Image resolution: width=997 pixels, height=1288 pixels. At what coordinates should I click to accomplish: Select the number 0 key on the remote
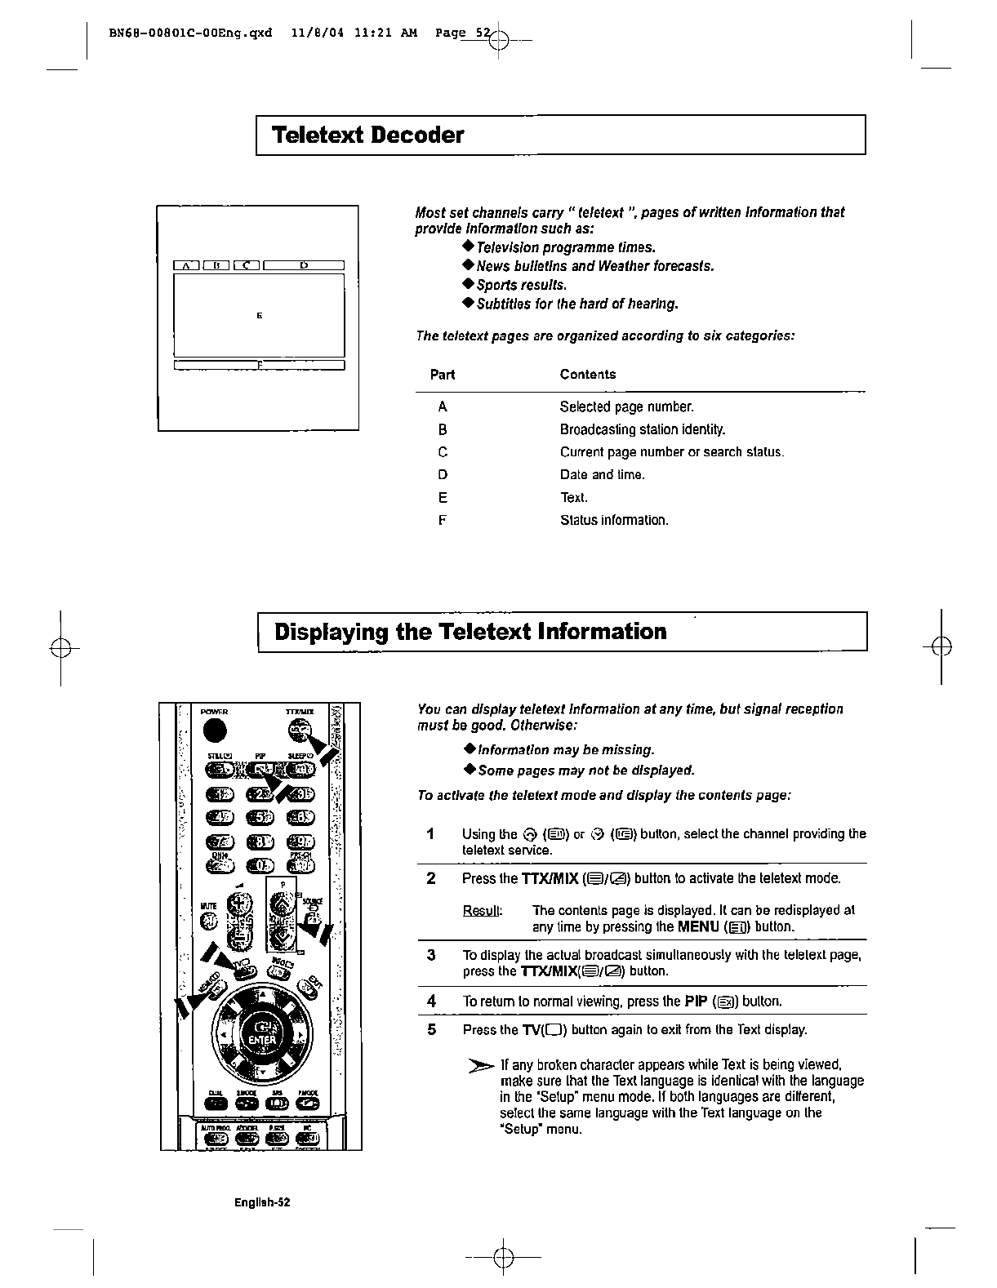260,864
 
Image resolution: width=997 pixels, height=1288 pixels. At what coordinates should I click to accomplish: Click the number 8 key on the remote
260,841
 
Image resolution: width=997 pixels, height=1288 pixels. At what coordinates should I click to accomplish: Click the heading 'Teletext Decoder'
367,135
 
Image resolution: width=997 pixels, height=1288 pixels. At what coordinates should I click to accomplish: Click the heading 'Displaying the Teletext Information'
470,632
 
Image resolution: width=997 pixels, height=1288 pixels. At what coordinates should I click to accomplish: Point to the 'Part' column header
442,375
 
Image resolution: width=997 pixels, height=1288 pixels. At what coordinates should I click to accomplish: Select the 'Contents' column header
587,375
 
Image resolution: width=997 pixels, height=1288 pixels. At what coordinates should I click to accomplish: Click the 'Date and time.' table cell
602,475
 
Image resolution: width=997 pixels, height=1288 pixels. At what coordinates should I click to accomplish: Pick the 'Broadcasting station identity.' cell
642,429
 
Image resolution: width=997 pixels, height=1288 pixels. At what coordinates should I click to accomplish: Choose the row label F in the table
442,520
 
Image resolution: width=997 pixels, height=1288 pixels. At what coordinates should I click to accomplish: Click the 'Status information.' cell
613,520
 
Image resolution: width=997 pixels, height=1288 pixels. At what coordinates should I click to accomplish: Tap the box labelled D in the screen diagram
304,264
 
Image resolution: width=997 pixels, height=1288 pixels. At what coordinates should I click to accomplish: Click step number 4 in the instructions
431,1001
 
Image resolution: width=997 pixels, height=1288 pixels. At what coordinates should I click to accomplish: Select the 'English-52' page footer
263,1203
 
